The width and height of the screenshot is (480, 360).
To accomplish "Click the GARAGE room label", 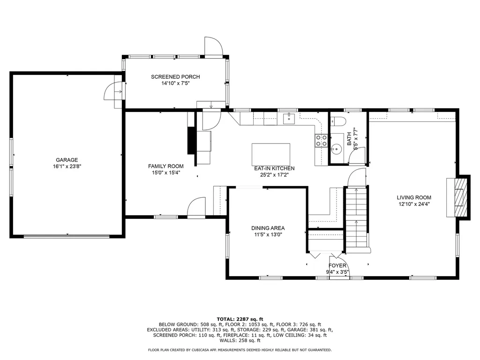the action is (x=67, y=160).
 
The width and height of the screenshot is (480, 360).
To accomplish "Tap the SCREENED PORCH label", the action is (x=175, y=77).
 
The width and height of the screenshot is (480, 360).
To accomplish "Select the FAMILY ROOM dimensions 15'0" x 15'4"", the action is (x=166, y=172).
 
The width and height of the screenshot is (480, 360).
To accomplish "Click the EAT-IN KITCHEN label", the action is (x=274, y=168).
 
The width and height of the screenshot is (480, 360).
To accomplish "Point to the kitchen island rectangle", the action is (x=271, y=154).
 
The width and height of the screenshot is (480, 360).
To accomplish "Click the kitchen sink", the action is (x=289, y=118).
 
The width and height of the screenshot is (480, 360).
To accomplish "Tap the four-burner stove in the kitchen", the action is (x=322, y=141).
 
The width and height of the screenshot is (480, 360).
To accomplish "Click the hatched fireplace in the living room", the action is (x=461, y=197).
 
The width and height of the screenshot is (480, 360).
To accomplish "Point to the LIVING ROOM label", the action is (x=414, y=198).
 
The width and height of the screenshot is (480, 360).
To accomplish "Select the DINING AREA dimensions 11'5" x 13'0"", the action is (x=268, y=235).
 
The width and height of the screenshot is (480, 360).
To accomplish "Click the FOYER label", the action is (x=337, y=266).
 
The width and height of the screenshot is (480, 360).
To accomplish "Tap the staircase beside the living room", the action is (x=356, y=219).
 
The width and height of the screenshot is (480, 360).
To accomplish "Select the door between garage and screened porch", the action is (x=114, y=91).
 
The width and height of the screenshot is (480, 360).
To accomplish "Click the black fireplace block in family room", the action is (x=192, y=140).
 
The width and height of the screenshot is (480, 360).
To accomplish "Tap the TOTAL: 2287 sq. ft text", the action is (x=240, y=319).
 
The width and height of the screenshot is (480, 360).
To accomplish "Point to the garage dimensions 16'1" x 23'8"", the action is (x=67, y=166).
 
